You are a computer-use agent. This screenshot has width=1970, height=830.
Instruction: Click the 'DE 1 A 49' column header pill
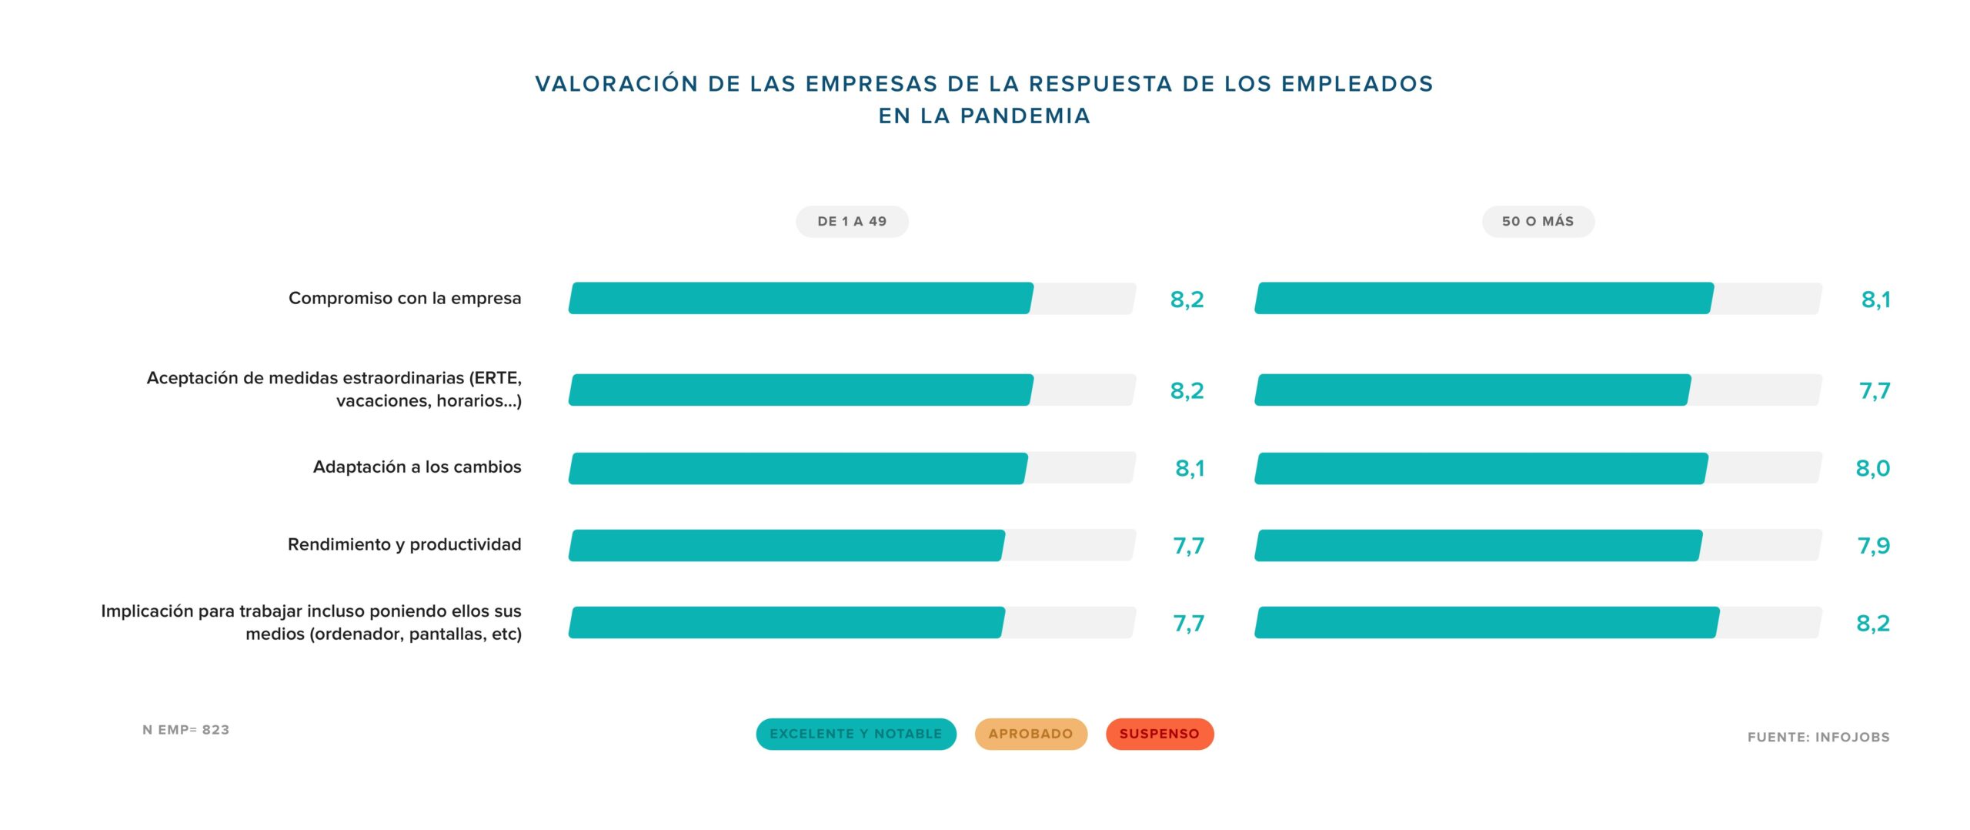852,222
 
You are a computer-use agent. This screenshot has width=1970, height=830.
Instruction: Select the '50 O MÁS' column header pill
1538,222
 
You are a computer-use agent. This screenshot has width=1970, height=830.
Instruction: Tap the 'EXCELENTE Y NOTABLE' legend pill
856,734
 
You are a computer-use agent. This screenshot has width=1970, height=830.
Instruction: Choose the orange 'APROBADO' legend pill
1030,734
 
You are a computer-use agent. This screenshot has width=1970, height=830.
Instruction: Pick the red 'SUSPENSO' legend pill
1159,734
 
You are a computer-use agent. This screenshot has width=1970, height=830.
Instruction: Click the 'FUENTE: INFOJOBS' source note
1818,737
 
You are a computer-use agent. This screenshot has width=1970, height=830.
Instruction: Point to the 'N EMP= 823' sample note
185,729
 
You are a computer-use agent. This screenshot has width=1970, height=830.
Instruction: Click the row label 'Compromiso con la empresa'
405,298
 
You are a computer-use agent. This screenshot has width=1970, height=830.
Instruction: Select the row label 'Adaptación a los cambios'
416,467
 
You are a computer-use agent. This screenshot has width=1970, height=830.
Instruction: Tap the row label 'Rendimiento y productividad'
404,544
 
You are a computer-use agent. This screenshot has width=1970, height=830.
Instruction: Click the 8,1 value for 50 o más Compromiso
1875,299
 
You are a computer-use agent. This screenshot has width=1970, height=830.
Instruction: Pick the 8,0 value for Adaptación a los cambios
1872,468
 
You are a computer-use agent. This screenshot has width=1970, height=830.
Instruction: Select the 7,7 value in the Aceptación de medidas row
1874,391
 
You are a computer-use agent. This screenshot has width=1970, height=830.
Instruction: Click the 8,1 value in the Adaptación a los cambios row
1189,468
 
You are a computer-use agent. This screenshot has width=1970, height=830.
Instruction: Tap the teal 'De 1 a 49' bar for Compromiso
800,298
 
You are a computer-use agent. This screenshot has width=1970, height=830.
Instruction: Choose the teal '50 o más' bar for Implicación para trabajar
1486,622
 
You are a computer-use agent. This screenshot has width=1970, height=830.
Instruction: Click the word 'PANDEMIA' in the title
1025,115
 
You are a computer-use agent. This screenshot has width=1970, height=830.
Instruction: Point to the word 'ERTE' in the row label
496,378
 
